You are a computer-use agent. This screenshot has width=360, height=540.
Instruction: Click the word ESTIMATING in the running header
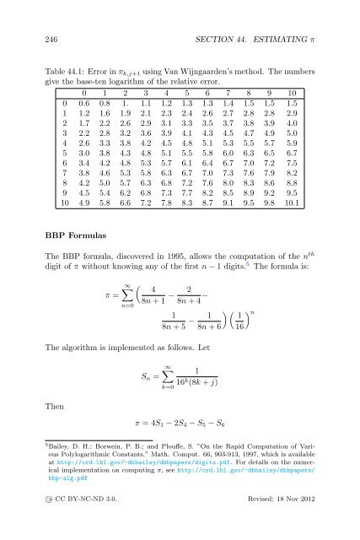click(x=274, y=31)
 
